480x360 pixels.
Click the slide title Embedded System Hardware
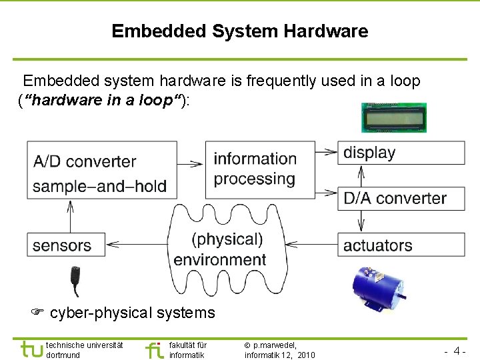(x=239, y=31)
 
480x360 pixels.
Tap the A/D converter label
(x=84, y=161)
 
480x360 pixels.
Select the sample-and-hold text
(x=99, y=186)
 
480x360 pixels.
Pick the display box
(x=401, y=153)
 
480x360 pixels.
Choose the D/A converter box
(x=401, y=198)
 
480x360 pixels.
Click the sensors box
(x=66, y=245)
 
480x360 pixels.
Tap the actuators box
(x=401, y=245)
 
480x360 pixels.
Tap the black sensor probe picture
(x=76, y=281)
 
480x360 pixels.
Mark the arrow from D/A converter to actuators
(x=361, y=221)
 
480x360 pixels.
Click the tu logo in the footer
(x=31, y=349)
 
